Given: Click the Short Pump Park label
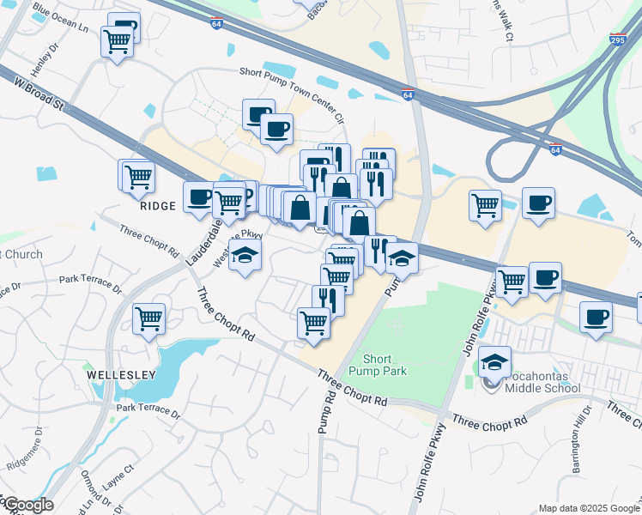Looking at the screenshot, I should click(378, 366).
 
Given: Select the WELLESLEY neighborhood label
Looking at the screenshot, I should click(121, 375).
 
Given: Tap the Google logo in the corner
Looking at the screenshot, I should click(27, 505).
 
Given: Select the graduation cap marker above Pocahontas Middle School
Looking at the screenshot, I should click(495, 362).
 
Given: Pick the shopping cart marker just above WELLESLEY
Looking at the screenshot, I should click(149, 320).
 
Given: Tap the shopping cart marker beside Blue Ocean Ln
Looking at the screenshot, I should click(117, 41).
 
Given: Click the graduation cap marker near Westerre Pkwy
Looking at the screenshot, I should click(245, 256).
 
